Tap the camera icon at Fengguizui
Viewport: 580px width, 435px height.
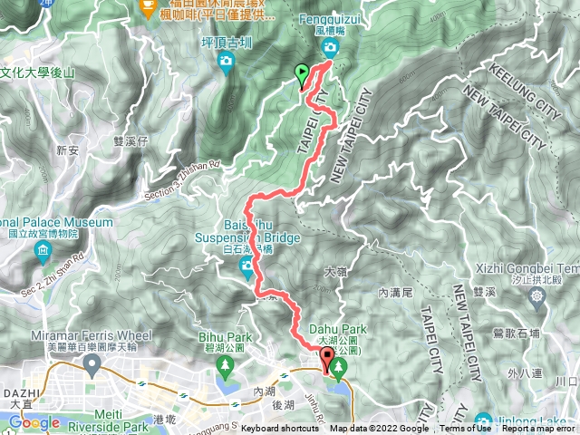(x=332, y=47)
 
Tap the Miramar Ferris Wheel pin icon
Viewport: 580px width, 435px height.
(x=91, y=364)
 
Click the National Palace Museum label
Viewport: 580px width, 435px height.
(x=56, y=222)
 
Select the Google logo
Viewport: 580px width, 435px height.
(x=34, y=422)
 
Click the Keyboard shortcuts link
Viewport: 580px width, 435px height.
(x=280, y=429)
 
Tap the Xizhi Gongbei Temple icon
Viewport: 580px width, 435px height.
(x=538, y=295)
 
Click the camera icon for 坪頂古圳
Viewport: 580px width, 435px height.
(x=226, y=62)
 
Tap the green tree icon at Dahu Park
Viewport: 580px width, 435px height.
(x=339, y=367)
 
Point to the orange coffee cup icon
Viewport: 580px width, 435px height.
(x=148, y=7)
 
